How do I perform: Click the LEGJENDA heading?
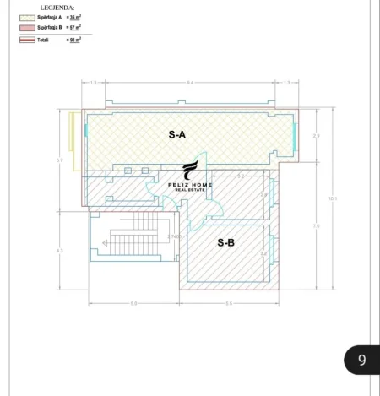click(57, 7)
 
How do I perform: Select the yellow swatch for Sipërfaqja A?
click(26, 17)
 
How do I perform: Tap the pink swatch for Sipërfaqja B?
click(26, 28)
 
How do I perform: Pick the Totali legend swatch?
click(26, 40)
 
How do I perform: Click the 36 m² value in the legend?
click(74, 17)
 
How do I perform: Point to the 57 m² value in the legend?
click(74, 28)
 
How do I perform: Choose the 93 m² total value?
click(74, 40)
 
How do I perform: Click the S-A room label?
click(177, 133)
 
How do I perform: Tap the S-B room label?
click(225, 242)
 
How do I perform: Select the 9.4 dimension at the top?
click(190, 82)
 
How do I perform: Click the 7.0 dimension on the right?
click(316, 225)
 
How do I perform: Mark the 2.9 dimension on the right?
click(316, 135)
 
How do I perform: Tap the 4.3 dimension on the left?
click(60, 251)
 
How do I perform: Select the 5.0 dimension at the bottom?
click(133, 303)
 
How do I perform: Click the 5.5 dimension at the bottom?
click(229, 303)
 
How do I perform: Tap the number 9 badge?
click(361, 361)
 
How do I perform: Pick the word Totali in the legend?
click(43, 40)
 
